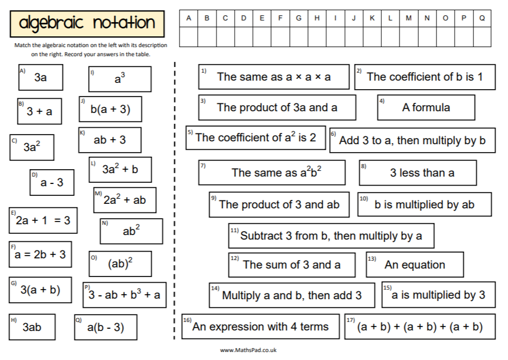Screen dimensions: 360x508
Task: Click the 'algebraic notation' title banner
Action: tap(87, 23)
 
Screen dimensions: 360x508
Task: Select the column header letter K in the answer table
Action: tap(372, 18)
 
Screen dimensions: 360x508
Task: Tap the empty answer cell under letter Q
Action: tap(482, 37)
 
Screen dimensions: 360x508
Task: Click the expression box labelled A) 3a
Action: tap(40, 78)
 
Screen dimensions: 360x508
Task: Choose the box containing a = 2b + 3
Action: tap(40, 254)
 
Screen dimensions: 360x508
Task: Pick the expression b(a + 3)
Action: tap(110, 110)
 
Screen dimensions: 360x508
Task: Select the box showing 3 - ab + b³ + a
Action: tap(124, 295)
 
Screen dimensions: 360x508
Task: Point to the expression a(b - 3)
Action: tap(105, 327)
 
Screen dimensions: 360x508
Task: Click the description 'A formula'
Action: tap(426, 107)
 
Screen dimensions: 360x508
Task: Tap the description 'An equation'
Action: tap(414, 265)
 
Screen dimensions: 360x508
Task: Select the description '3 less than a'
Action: tap(418, 173)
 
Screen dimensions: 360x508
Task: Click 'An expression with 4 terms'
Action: tap(260, 326)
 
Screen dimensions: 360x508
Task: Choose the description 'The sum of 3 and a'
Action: tap(292, 265)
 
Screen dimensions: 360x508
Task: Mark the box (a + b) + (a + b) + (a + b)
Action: tap(419, 326)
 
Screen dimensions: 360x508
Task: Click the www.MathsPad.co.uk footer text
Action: tap(248, 350)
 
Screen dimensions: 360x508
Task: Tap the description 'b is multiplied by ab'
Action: tap(424, 204)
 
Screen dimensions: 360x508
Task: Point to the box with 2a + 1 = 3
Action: tap(43, 220)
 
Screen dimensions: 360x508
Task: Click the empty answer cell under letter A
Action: tap(189, 37)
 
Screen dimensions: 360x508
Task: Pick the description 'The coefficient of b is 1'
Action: tap(424, 77)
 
